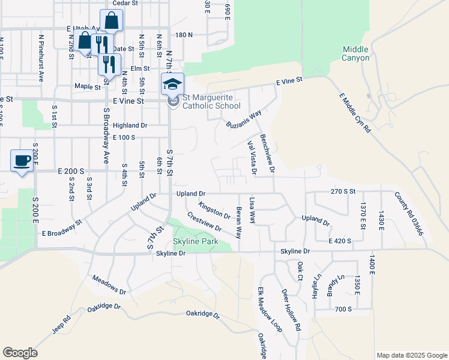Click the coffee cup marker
(x=22, y=160)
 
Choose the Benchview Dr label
(x=267, y=154)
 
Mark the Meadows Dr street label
(x=109, y=284)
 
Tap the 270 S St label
(x=343, y=191)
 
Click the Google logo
(x=20, y=353)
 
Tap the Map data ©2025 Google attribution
(x=412, y=355)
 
